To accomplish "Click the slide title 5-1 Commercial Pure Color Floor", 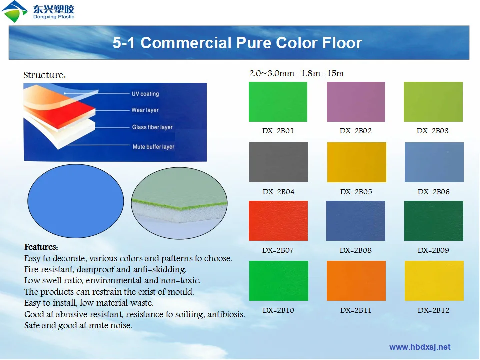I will tap(237, 43).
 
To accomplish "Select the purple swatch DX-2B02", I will tap(356, 102).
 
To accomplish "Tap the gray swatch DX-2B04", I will tap(278, 162).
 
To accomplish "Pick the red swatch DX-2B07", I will tap(278, 221).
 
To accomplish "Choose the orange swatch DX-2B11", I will tap(356, 281).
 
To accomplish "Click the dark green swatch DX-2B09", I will tap(433, 221).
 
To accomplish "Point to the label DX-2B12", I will tap(433, 310).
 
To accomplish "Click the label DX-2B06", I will tap(433, 192).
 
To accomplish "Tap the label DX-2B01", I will tap(278, 131).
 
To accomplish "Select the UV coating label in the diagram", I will tap(145, 94).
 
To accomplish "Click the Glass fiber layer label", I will tap(152, 127).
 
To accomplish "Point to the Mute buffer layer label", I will tap(153, 147).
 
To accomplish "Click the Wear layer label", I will tap(145, 110).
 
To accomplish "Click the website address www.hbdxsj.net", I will tap(420, 347).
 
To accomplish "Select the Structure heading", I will tap(45, 76).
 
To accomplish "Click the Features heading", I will tap(41, 247).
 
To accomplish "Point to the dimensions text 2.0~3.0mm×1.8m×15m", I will tap(296, 74).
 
